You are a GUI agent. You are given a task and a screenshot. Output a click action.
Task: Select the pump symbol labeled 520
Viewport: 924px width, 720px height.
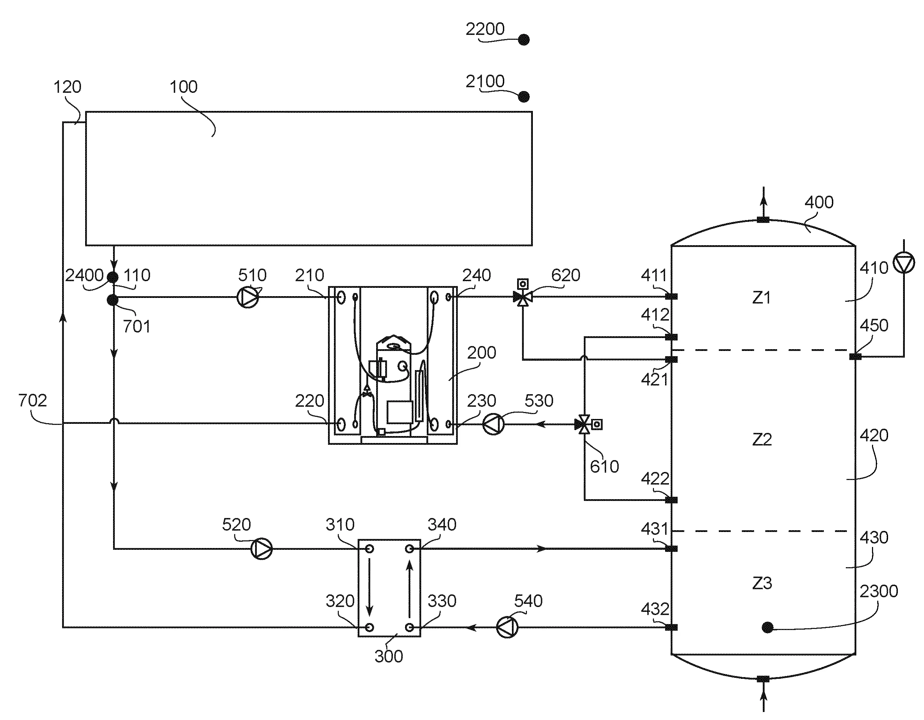click(x=262, y=549)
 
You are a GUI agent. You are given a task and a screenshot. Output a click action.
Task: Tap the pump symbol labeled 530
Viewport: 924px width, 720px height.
click(x=493, y=424)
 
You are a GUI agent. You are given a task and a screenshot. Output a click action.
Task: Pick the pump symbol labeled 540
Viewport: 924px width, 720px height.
click(x=507, y=627)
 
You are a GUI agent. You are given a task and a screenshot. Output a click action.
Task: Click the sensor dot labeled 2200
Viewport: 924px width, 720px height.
click(x=524, y=40)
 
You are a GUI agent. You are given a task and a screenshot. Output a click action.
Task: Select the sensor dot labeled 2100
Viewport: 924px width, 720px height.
click(x=524, y=97)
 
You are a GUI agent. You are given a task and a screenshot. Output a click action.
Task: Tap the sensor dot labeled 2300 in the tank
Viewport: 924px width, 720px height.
click(x=767, y=627)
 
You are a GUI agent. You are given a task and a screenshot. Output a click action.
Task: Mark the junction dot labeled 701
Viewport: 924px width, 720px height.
click(x=113, y=300)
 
